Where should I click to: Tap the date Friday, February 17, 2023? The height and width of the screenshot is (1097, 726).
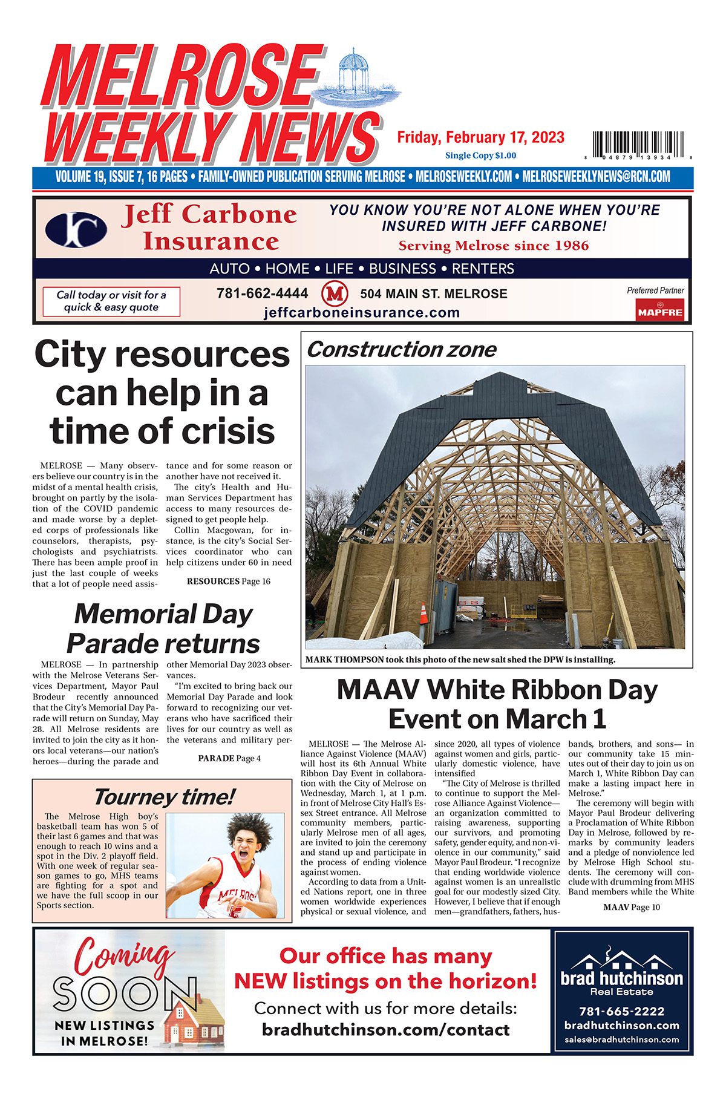pos(480,137)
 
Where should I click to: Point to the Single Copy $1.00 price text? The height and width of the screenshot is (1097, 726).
pos(480,156)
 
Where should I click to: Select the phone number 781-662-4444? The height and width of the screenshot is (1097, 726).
pos(262,293)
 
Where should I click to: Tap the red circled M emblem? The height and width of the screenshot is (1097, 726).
pos(334,294)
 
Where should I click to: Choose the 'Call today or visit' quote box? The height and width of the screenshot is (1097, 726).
pos(111,301)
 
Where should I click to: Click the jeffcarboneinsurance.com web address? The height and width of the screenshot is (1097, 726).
pos(362,313)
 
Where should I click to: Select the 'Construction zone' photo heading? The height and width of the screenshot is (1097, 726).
pos(401,350)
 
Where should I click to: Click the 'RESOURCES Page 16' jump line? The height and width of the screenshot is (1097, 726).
pos(228,581)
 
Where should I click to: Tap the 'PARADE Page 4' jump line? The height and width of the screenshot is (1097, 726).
pos(229,758)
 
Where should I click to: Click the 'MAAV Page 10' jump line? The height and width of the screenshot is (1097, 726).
pos(632,907)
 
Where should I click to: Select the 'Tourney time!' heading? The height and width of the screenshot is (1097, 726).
pos(163,797)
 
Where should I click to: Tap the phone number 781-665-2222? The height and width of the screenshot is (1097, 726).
pos(621,1011)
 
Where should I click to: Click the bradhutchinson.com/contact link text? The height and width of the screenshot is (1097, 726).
pos(385,1030)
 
